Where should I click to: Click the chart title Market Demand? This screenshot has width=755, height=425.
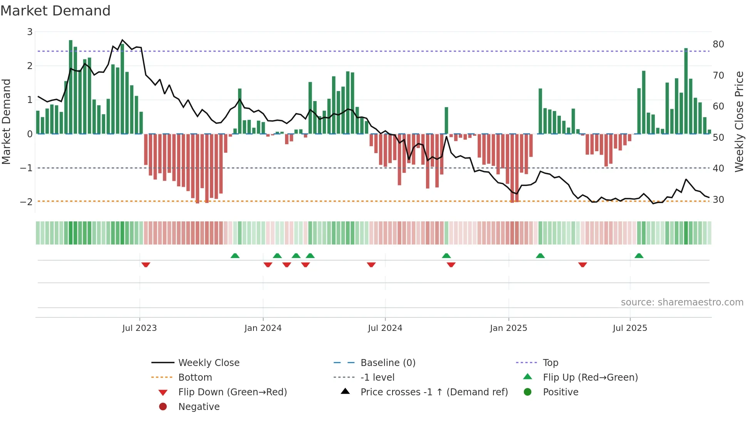(55, 11)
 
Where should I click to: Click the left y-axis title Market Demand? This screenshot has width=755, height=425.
(7, 121)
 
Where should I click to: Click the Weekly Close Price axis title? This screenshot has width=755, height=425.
(739, 121)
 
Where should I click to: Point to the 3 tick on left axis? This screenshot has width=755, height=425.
(30, 32)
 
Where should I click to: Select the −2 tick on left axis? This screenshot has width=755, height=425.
(27, 202)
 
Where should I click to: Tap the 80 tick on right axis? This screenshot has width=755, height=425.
(718, 44)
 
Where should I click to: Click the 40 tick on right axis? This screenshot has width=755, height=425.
(718, 169)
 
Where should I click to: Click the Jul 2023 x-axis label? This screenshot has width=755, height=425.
(139, 328)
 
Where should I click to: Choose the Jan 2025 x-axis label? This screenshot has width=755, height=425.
(508, 328)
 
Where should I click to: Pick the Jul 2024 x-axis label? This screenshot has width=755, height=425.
(385, 328)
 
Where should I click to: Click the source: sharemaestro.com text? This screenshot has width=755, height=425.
(682, 302)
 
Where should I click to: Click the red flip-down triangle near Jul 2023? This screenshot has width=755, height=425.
(146, 265)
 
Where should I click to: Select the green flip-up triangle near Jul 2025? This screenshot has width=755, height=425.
(639, 256)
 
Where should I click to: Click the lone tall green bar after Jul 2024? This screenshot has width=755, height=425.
(446, 120)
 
